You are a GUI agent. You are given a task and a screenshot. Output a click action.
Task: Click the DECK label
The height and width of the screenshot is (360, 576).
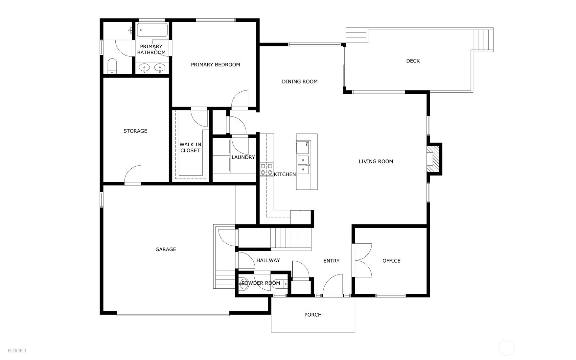coord(413,61)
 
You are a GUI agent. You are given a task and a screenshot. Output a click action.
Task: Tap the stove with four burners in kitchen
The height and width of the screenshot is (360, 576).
coord(266,169)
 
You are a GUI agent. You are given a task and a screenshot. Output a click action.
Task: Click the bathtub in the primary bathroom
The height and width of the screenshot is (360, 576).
coord(152,30)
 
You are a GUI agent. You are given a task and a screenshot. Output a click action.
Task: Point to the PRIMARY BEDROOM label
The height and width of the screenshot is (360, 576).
coord(215,65)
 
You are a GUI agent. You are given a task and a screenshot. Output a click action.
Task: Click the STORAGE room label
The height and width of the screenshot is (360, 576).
coord(135,131)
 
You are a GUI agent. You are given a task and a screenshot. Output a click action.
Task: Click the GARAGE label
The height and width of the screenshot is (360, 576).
coord(166,250)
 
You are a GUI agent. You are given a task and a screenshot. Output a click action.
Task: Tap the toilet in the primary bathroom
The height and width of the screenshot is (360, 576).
coord(112,66)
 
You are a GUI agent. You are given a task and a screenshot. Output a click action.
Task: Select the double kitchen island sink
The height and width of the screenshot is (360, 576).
coord(303,165)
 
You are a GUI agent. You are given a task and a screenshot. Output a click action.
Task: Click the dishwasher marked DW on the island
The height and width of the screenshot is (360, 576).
coord(303,147)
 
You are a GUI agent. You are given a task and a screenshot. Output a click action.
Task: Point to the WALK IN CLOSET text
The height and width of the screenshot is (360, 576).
coord(190,147)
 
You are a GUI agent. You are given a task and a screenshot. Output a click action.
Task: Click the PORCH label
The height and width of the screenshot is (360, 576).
coord(313,315)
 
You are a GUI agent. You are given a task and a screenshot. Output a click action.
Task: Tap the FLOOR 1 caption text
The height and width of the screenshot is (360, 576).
coord(17,350)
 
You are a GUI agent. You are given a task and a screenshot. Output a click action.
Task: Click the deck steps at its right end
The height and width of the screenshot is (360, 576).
coord(483,40)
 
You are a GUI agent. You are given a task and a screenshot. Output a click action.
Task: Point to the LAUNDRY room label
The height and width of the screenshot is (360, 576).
coord(243,157)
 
